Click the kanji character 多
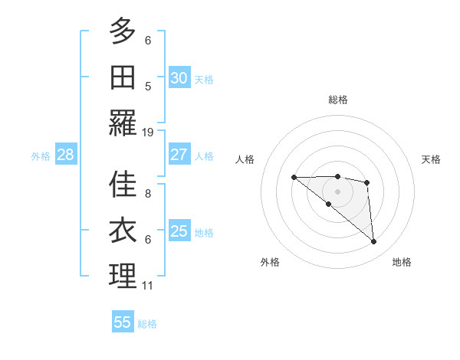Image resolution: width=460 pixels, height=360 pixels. tap(123, 31)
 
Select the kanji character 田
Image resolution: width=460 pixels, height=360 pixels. tap(123, 77)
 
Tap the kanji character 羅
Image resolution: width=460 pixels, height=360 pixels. tap(123, 123)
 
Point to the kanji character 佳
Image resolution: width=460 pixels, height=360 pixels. tap(123, 185)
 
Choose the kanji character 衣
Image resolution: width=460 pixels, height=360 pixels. tap(123, 231)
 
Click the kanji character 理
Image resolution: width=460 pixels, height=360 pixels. tap(123, 277)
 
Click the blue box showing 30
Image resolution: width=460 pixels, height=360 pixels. tap(179, 77)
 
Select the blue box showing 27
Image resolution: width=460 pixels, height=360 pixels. tap(179, 155)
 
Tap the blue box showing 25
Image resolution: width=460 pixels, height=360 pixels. tap(179, 231)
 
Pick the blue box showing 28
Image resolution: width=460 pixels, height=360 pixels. tap(66, 155)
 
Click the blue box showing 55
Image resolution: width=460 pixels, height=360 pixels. tap(123, 322)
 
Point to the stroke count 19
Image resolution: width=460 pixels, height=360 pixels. tap(148, 133)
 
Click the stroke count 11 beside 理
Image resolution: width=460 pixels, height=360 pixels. tap(148, 286)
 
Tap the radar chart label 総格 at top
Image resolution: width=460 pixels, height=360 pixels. tap(338, 100)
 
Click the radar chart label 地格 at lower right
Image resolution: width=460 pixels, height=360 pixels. tap(402, 262)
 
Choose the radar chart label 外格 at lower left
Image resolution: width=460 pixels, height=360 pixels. tap(270, 262)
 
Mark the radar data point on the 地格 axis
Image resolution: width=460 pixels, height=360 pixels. tap(374, 242)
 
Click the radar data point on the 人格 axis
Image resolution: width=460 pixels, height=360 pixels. tap(294, 178)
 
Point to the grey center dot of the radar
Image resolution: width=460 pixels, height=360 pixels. tap(337, 191)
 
